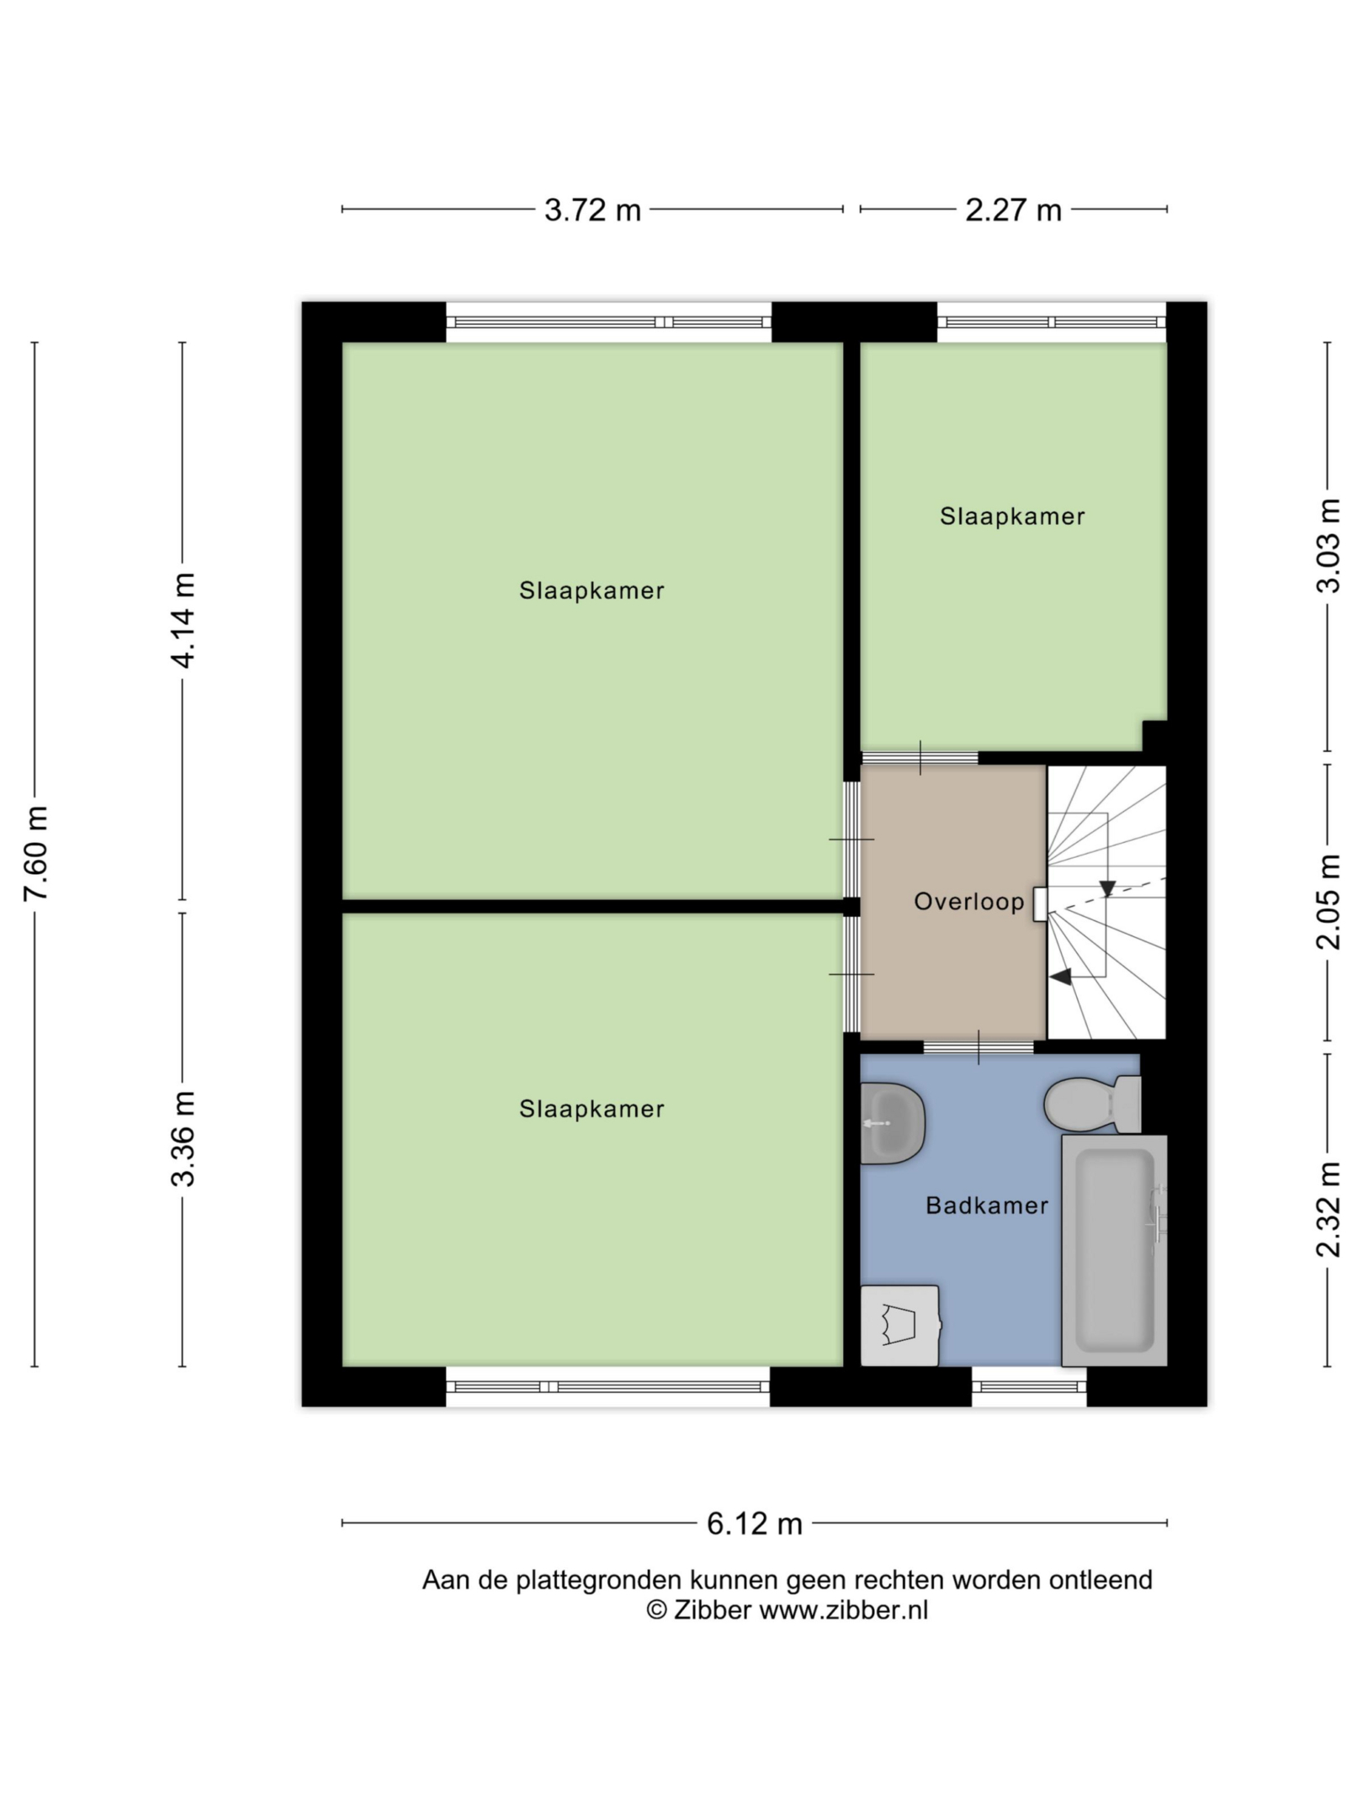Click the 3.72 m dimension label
pos(592,210)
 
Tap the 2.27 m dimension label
pos(1013,210)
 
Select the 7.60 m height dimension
pos(36,853)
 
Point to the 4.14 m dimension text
pos(183,621)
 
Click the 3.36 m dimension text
pos(183,1139)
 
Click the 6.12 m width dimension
pos(755,1523)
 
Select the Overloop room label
pos(969,902)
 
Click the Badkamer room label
pos(987,1205)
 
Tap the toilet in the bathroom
pos(1092,1104)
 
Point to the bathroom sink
pos(893,1123)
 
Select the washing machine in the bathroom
pos(899,1326)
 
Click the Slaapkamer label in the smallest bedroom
pos(1012,516)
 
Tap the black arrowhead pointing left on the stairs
pos(1060,977)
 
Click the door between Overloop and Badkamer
pos(978,1047)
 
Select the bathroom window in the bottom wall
pos(1029,1386)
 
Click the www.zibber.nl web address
pos(844,1610)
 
